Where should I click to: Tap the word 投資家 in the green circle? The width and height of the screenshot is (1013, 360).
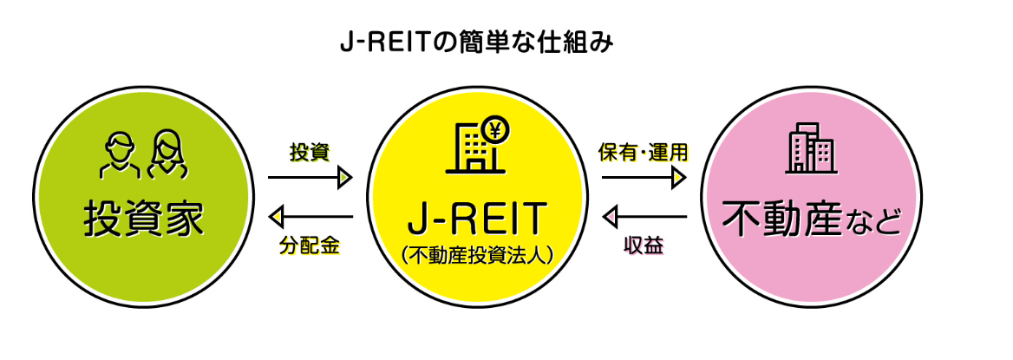[144, 219]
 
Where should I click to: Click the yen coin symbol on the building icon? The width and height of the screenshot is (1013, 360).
[496, 131]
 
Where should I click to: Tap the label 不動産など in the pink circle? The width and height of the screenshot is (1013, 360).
[807, 219]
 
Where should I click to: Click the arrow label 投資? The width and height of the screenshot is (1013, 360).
[310, 153]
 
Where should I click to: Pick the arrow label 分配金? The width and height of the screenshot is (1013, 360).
[310, 245]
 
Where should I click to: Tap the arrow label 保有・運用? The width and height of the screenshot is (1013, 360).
[644, 153]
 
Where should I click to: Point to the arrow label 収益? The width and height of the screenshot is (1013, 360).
[644, 245]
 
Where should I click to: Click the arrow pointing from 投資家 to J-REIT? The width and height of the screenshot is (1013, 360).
[310, 178]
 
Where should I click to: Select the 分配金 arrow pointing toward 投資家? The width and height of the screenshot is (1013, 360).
[310, 216]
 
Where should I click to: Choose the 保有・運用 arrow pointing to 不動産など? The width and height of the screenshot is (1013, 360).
[644, 178]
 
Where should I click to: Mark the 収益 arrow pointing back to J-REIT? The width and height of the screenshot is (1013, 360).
[644, 216]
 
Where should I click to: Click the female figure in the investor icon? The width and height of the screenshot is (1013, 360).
[165, 154]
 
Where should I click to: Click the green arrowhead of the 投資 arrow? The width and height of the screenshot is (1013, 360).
[345, 178]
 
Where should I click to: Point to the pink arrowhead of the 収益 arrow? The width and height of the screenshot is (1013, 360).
[610, 216]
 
